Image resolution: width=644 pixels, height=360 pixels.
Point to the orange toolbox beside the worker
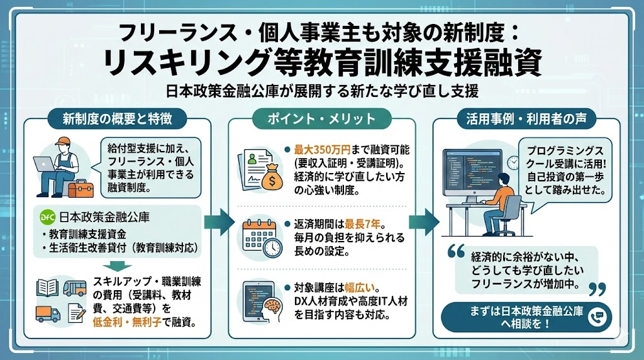pyautogui.click(x=81, y=188)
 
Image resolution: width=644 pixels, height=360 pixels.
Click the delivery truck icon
pyautogui.click(x=48, y=315)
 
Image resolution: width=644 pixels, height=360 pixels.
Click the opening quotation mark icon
pyautogui.click(x=456, y=251)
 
